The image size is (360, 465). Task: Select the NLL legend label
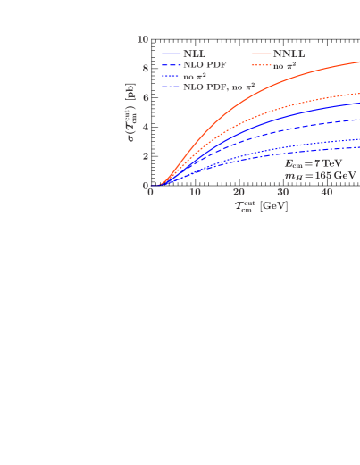194,54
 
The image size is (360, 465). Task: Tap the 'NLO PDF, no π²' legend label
218,87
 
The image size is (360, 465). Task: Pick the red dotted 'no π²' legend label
284,65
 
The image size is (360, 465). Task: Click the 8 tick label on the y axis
145,69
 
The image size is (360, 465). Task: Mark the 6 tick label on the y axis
145,98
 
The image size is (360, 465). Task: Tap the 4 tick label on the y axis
145,128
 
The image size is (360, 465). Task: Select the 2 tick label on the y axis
145,157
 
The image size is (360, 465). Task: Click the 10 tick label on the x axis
195,193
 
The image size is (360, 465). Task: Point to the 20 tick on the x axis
239,193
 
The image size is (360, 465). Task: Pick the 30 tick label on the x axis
282,193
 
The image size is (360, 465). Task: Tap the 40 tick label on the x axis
327,193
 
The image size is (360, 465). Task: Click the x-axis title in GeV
261,206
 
